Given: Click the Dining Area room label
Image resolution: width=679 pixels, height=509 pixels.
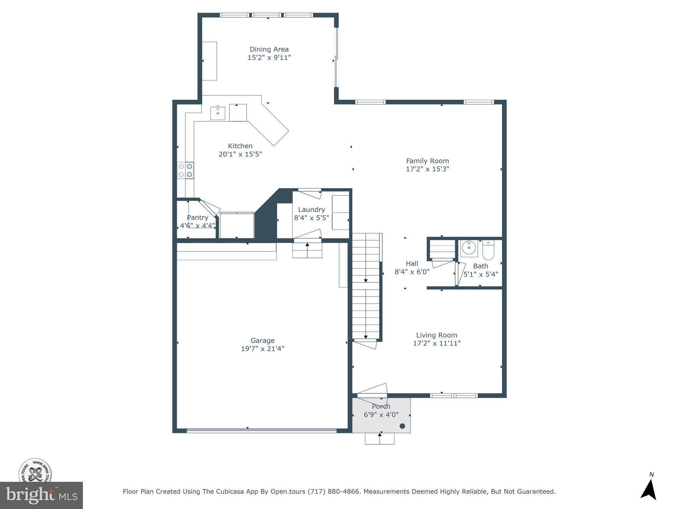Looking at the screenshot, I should pos(269,49).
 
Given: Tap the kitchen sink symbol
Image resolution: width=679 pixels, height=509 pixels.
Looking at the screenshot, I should pos(218,113).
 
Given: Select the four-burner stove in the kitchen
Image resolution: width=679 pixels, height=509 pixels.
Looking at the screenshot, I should pos(185,170).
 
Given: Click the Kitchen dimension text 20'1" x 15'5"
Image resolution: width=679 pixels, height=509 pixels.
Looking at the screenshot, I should pos(240,154).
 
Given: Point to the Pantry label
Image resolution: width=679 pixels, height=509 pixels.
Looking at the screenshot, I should pos(197,218).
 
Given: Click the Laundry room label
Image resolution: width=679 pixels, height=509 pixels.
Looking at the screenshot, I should pos(311,209).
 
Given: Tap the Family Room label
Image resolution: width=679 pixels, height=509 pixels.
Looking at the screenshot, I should pos(427,161).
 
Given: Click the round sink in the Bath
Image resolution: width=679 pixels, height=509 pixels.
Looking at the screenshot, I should pos(469,248).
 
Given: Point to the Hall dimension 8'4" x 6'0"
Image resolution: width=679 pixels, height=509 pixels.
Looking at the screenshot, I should pos(412,272).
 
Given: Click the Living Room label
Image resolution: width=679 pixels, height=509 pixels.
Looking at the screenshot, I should pos(437,335).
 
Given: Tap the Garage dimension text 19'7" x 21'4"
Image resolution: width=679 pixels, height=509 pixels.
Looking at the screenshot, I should pos(262,349).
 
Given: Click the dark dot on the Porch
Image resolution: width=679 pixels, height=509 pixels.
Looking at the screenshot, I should pos(402,426).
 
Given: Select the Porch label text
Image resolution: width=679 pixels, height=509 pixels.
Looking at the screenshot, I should pos(381,407).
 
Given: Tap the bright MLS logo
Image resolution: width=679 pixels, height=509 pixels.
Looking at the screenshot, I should pos(41,495).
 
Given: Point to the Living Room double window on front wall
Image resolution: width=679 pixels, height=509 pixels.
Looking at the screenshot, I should pos(454,395).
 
